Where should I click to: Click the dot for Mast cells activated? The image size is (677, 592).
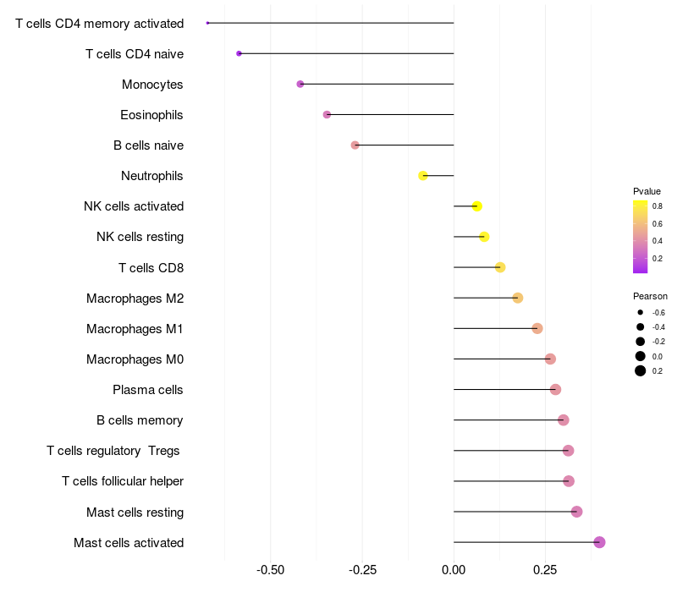599,542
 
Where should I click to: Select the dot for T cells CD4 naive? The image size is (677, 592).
239,53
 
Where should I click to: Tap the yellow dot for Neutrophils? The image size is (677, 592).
423,176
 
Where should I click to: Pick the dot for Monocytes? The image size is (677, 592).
300,84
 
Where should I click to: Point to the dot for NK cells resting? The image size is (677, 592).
484,237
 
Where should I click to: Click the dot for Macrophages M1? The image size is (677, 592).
537,328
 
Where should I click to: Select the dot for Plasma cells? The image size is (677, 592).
555,389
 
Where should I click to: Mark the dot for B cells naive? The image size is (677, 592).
355,145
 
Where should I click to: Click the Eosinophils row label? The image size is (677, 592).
151,115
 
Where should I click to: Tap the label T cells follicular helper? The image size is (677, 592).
123,481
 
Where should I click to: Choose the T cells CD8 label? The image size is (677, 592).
151,268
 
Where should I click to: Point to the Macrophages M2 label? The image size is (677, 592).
135,299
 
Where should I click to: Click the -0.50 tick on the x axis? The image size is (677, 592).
270,571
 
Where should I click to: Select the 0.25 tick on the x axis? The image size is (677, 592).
545,571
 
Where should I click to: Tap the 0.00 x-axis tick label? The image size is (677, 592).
454,571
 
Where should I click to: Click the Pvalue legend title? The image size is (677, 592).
647,191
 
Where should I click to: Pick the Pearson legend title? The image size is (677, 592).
650,296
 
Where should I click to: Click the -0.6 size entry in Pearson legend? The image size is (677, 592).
641,313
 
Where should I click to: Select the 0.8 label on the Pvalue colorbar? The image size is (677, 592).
657,206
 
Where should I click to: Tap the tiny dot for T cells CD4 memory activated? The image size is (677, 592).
207,23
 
